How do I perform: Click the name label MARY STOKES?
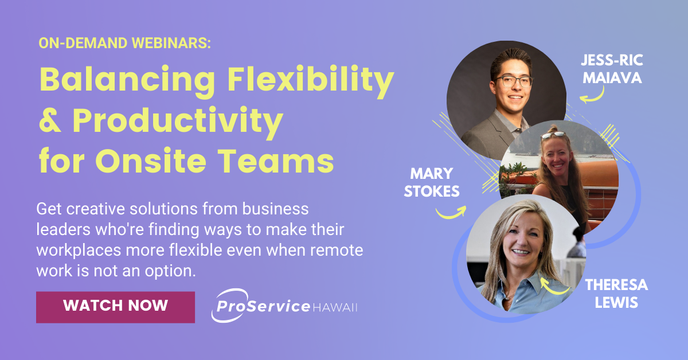(x=431, y=182)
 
